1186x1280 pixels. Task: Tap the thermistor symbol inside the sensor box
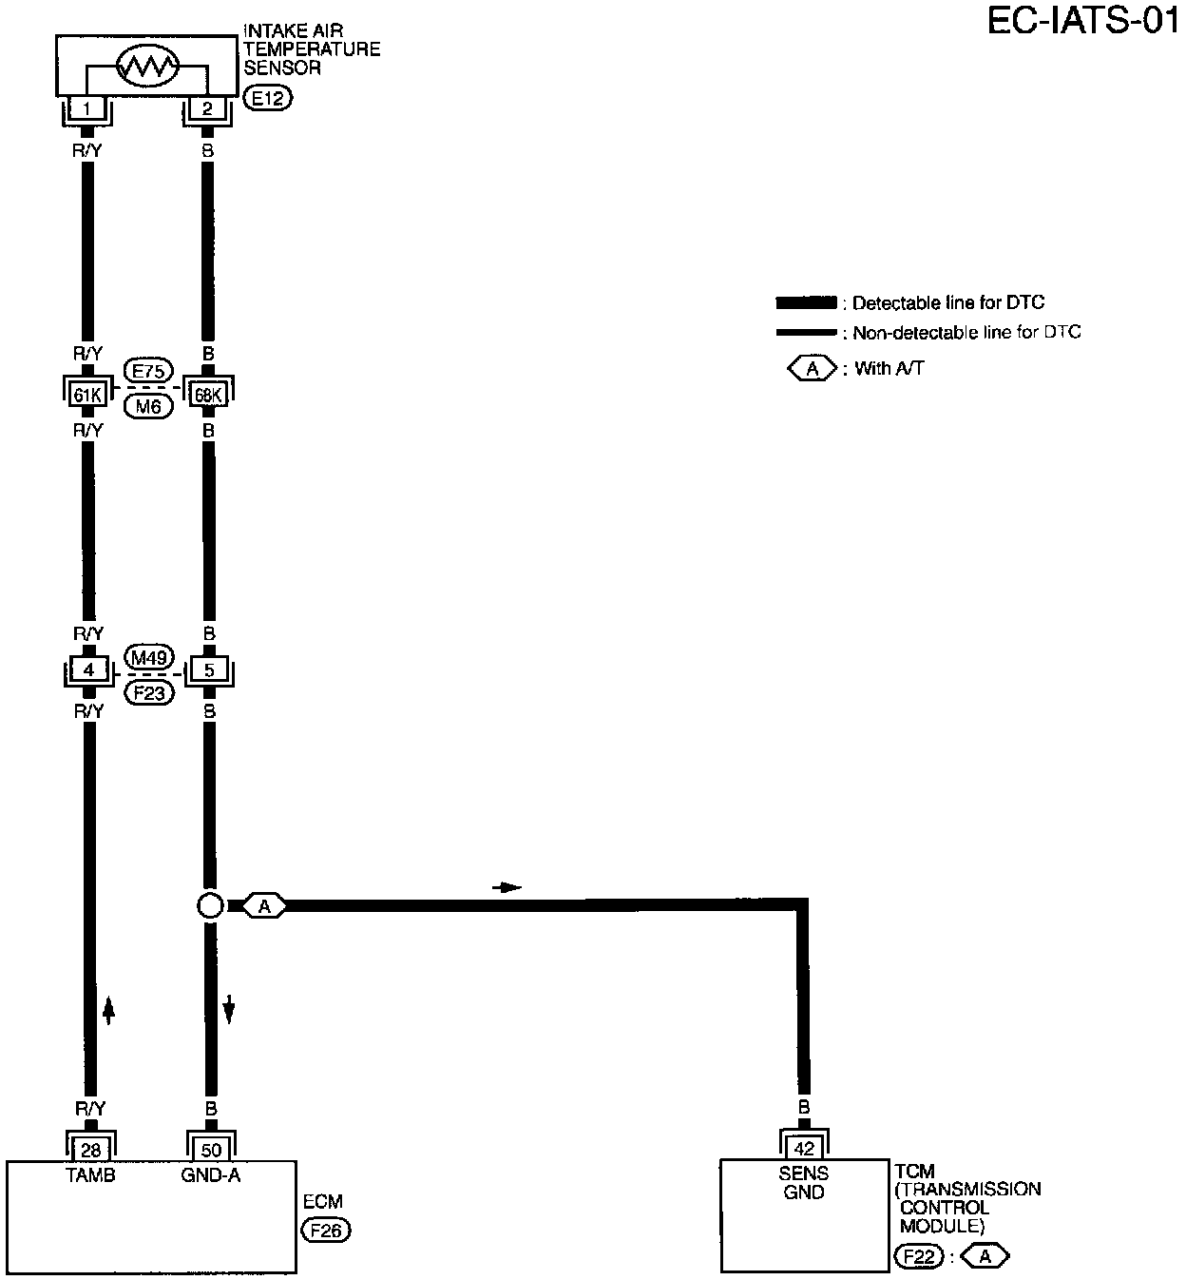point(147,67)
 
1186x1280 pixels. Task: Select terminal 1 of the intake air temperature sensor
point(87,108)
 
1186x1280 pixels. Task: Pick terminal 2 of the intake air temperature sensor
point(207,108)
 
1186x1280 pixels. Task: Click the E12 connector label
point(269,97)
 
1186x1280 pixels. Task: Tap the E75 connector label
point(148,372)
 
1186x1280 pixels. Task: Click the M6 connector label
point(148,406)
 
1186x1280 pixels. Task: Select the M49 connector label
point(148,657)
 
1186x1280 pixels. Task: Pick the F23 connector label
point(148,692)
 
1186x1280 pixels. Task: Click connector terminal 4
point(87,670)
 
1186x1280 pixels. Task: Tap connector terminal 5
point(209,670)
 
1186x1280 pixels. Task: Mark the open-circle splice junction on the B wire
point(210,905)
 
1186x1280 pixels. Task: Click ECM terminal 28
point(91,1149)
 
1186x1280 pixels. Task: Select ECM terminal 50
point(211,1149)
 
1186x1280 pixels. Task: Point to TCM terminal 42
point(804,1149)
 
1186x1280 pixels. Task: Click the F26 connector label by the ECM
point(326,1231)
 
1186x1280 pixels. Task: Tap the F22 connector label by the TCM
point(919,1257)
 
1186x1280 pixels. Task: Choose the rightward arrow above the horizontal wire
point(507,887)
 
